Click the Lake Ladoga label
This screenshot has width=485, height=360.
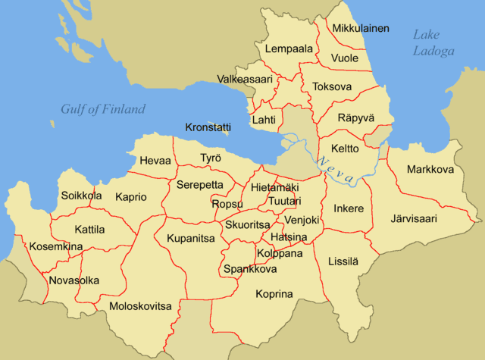point(433,42)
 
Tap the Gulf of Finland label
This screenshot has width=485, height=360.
point(103,110)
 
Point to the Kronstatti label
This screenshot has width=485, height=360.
point(208,127)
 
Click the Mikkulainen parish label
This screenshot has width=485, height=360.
point(361,29)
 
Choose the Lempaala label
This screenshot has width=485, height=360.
point(289,49)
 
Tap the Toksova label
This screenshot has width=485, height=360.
point(332,87)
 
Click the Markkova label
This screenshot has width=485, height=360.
point(430,169)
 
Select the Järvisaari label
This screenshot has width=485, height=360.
point(414,220)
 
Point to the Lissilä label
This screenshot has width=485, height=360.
point(343,261)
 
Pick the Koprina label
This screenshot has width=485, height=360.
point(274,294)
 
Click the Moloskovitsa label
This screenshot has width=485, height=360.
point(141,306)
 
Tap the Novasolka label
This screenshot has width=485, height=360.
point(74,280)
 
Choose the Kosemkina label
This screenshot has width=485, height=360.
point(56,247)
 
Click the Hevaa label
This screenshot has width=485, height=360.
point(155,161)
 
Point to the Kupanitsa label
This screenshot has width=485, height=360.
point(191,238)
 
